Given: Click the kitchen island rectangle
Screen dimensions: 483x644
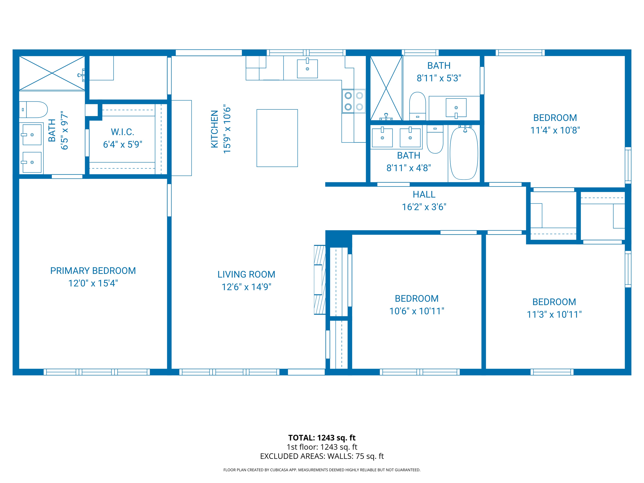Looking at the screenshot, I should [x=277, y=138].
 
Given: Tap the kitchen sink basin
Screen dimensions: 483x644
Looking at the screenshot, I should [x=307, y=69].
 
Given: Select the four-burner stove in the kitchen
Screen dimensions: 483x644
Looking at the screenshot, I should [x=354, y=101].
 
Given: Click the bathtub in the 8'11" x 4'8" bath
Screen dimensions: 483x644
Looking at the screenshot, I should [x=464, y=153].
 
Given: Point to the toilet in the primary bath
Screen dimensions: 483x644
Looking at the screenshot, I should [x=34, y=109].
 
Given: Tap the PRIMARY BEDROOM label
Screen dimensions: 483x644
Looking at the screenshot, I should [x=93, y=271].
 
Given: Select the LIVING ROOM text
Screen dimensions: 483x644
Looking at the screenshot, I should [x=246, y=274].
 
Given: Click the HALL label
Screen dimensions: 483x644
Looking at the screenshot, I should [x=424, y=194].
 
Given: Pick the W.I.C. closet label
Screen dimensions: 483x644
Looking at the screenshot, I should [x=122, y=132].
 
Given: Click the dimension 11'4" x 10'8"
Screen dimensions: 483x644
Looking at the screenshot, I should [x=555, y=130].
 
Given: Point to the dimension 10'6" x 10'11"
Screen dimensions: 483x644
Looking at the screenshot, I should [x=417, y=311].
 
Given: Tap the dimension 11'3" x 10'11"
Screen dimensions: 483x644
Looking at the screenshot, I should [x=554, y=314].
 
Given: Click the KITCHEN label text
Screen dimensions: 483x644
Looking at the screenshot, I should [x=214, y=129].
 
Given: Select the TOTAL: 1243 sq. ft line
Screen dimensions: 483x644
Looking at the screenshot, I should [x=322, y=437].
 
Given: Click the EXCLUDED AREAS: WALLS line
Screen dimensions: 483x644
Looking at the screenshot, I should [x=322, y=456].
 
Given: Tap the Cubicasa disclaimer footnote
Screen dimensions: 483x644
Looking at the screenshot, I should [x=322, y=470].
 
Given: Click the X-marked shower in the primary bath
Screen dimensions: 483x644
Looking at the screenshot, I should [x=52, y=73].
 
